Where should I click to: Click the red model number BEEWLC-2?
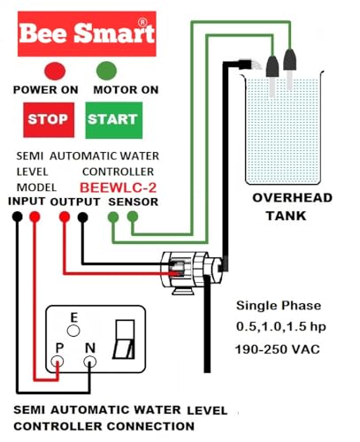(x=118, y=187)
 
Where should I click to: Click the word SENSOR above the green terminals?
(x=134, y=202)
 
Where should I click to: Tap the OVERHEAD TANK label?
(x=291, y=205)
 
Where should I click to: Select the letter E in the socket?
(x=75, y=317)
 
